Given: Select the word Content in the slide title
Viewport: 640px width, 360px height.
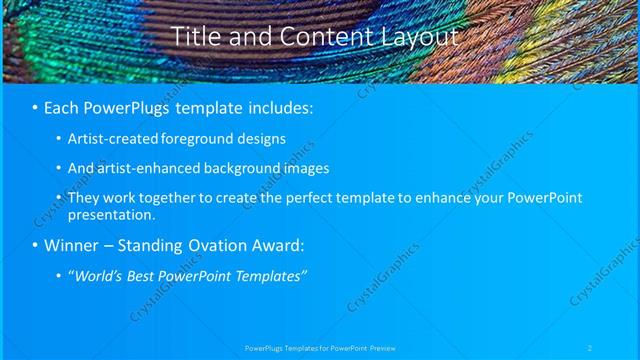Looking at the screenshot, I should pos(320,37).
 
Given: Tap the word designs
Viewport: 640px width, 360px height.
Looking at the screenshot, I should pos(264,139).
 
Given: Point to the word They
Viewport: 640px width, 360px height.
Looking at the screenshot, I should pos(83,198).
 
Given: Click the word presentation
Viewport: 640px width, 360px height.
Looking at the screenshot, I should pos(110,214).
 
